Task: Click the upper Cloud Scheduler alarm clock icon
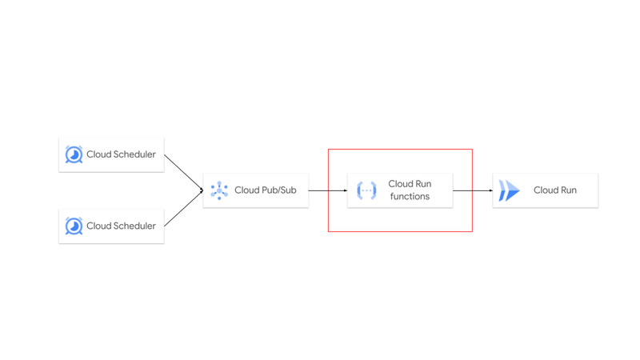(74, 154)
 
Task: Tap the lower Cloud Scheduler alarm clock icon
(74, 226)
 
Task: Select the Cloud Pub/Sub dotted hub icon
(219, 190)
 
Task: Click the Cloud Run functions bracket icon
(366, 190)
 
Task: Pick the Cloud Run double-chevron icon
(509, 190)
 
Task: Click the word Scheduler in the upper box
(134, 154)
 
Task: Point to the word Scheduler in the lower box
(134, 226)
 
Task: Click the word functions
(410, 196)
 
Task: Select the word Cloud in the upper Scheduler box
(98, 154)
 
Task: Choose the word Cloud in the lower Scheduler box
(98, 226)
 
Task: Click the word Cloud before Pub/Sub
(246, 190)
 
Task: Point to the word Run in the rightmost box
(568, 190)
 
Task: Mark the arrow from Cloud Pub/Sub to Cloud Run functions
(328, 190)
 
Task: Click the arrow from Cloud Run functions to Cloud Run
(473, 190)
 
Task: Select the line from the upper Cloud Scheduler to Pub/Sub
(183, 172)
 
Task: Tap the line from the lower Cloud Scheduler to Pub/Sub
(183, 208)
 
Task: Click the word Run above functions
(423, 184)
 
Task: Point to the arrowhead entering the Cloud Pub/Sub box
(202, 190)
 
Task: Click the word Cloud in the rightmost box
(546, 190)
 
